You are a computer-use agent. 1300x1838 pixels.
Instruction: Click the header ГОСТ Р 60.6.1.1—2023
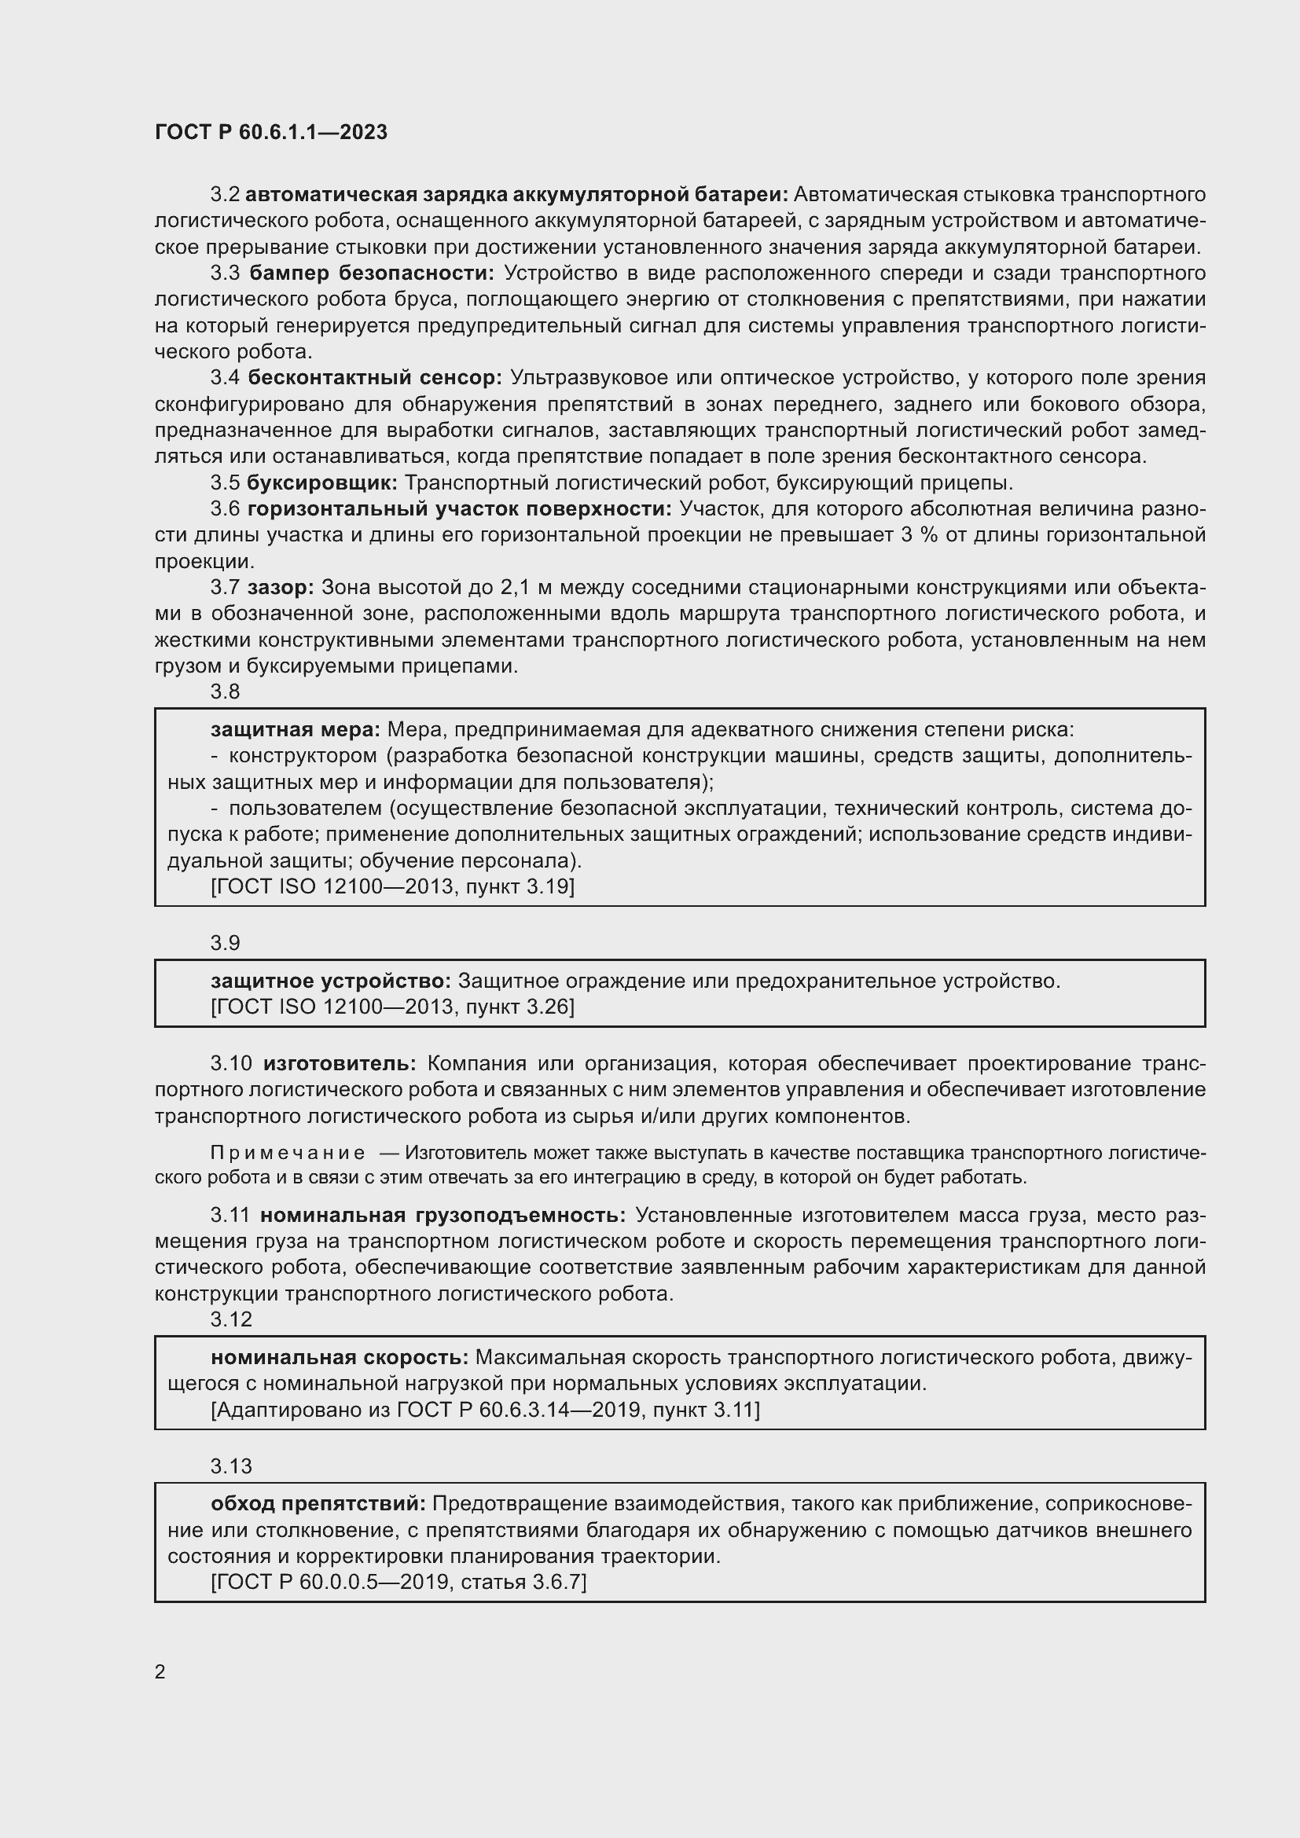click(270, 132)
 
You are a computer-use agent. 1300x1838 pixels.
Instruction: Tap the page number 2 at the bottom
click(160, 1671)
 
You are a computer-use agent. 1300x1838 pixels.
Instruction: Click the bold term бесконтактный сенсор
click(375, 378)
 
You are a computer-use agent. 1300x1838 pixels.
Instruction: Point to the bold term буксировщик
click(321, 482)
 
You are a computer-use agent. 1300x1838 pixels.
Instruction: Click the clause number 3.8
click(225, 692)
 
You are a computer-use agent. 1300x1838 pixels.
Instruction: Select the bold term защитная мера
click(296, 729)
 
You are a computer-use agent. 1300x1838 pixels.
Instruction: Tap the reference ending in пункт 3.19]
click(392, 886)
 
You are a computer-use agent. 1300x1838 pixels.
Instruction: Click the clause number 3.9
click(225, 943)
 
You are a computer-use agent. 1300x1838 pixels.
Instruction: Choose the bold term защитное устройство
click(331, 981)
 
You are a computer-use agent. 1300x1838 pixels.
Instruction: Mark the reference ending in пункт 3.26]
click(392, 1007)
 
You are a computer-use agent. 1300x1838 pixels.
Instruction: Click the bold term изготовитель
click(340, 1063)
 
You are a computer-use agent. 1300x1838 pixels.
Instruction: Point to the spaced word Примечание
click(288, 1153)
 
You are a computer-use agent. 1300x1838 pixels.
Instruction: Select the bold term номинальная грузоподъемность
click(443, 1215)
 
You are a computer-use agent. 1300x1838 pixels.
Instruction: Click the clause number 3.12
click(230, 1319)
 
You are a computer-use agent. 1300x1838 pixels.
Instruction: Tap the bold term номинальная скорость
click(340, 1357)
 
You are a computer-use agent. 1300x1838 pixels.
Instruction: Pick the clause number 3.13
click(230, 1466)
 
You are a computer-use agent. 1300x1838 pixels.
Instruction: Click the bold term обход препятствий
click(318, 1503)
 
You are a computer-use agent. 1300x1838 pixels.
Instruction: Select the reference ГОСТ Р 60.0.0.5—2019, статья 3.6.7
click(398, 1582)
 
